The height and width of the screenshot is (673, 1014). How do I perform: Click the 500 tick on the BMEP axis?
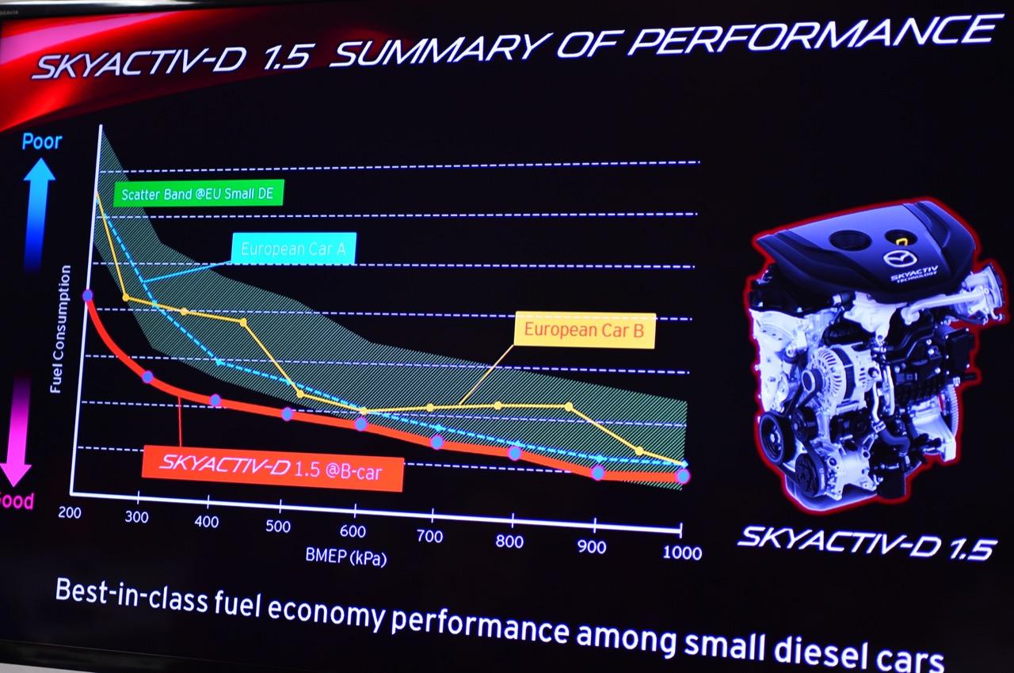click(x=278, y=526)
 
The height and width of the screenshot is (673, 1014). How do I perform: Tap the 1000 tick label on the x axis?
click(x=682, y=552)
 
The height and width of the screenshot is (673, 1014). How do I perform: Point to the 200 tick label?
click(x=70, y=511)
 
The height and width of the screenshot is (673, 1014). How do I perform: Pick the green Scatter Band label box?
click(x=198, y=194)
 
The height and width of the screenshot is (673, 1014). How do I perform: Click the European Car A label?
click(x=293, y=248)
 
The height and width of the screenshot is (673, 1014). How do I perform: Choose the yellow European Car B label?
click(x=585, y=330)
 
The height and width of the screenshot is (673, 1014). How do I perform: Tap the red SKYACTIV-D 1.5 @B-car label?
click(x=273, y=468)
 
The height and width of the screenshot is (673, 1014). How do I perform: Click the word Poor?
click(x=42, y=143)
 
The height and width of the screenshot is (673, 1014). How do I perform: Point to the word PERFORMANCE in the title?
click(x=808, y=38)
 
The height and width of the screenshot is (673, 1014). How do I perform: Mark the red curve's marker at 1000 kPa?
click(x=683, y=476)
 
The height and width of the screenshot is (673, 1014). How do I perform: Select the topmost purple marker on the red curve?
click(x=88, y=295)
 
